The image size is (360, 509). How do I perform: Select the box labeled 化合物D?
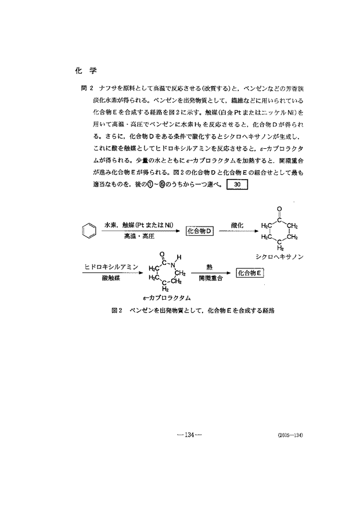[200, 231]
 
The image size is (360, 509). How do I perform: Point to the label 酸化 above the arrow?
[236, 224]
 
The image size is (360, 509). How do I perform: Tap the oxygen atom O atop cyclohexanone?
[279, 208]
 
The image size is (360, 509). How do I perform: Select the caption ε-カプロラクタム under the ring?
[167, 297]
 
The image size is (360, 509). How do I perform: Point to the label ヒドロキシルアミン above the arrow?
[111, 266]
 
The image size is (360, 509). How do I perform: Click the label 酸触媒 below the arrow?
[110, 278]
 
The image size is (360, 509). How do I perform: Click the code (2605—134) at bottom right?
[290, 435]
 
